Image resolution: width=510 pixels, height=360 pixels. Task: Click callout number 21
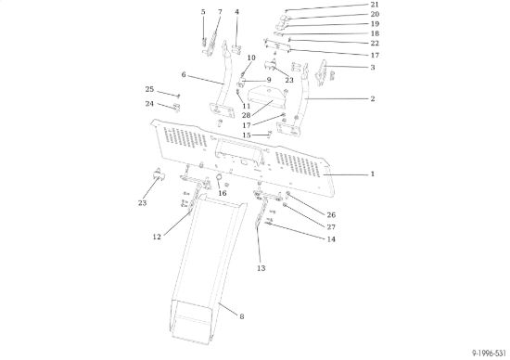click(375, 5)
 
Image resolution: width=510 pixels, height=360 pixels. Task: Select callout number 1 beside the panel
click(373, 174)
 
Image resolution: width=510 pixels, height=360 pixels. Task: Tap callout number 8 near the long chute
click(242, 316)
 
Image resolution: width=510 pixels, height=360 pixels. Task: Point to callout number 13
click(261, 268)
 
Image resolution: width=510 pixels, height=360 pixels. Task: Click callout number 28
click(247, 115)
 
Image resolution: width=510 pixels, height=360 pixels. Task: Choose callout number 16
click(223, 193)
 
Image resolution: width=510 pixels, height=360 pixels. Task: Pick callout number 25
click(149, 89)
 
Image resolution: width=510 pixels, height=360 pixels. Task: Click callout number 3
click(373, 68)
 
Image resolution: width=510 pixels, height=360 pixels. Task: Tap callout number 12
click(157, 237)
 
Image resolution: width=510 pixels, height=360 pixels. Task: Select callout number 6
click(184, 75)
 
